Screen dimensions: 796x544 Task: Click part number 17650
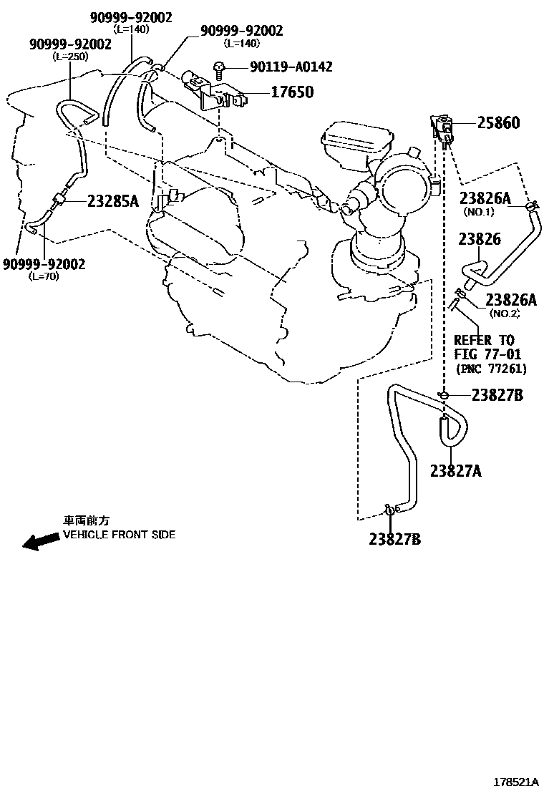click(x=291, y=92)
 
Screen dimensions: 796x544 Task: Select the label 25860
click(x=499, y=123)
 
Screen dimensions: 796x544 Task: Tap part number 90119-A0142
click(x=291, y=67)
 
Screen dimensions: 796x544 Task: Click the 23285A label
click(x=113, y=201)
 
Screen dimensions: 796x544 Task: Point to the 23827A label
click(x=456, y=470)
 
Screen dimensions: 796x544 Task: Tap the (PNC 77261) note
click(x=491, y=369)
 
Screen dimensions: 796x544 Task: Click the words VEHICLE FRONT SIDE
click(x=120, y=535)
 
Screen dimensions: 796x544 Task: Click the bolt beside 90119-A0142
click(x=219, y=68)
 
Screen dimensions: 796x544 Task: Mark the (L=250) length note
click(x=71, y=56)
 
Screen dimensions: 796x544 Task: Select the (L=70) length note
click(x=44, y=276)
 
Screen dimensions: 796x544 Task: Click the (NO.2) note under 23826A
click(x=504, y=314)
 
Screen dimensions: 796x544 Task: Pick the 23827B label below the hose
click(x=395, y=539)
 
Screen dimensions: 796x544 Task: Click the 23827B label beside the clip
click(x=498, y=394)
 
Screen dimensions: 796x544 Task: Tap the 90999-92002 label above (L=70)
click(x=44, y=264)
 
